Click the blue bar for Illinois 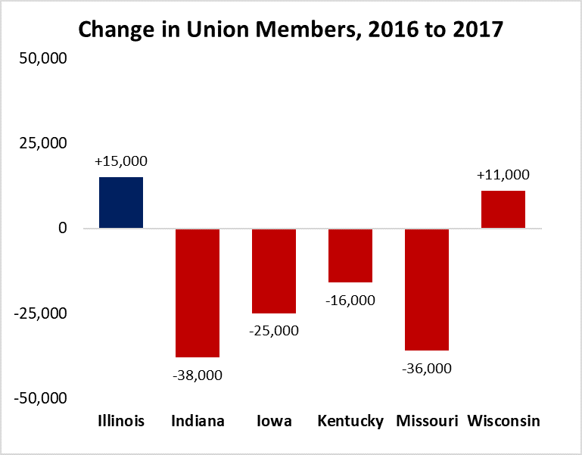pos(121,202)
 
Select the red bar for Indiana pos(198,292)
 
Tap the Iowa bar pos(274,270)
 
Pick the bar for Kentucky pos(350,255)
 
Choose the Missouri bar pos(427,289)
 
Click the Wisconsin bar pos(503,209)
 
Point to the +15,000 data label pos(121,161)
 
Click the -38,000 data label pos(198,375)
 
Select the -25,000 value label pos(274,331)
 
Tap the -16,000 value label pos(350,301)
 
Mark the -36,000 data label pos(427,369)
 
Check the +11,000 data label pos(503,175)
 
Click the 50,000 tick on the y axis pos(46,58)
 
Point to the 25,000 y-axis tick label pos(46,143)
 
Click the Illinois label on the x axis pos(121,421)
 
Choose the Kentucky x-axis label pos(350,421)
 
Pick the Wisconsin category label pos(503,421)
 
